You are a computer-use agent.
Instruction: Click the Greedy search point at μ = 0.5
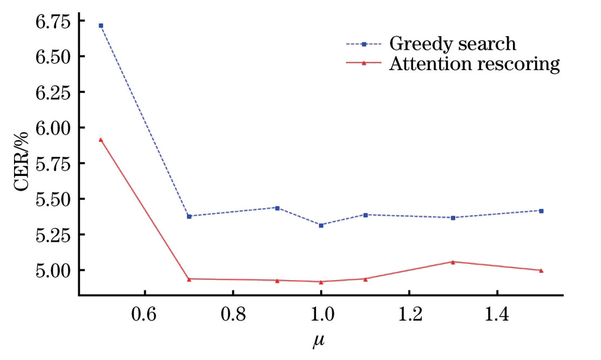pyautogui.click(x=101, y=25)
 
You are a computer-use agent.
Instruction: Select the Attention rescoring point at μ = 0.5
pyautogui.click(x=101, y=140)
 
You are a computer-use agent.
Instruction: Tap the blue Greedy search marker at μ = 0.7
pyautogui.click(x=189, y=216)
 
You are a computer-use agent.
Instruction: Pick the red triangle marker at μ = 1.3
pyautogui.click(x=453, y=262)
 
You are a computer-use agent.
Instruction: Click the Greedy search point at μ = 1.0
pyautogui.click(x=321, y=225)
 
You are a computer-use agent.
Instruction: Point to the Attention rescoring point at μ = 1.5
pyautogui.click(x=541, y=270)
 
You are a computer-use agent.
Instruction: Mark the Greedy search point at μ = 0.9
pyautogui.click(x=277, y=208)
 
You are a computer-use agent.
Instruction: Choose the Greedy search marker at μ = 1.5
pyautogui.click(x=541, y=210)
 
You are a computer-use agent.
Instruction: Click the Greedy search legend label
pyautogui.click(x=452, y=44)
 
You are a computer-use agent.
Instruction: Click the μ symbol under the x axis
pyautogui.click(x=321, y=341)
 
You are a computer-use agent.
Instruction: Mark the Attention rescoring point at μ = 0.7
pyautogui.click(x=189, y=279)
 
